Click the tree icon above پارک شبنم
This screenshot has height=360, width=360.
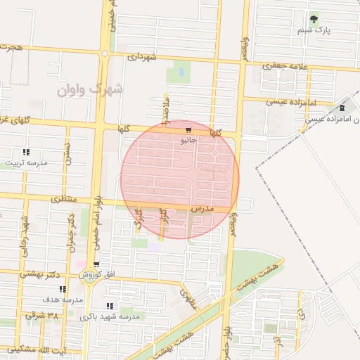click(314, 19)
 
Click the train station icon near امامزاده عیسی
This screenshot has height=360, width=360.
click(342, 108)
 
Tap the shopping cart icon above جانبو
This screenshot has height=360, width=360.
click(188, 130)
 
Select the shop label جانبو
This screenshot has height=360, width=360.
click(188, 141)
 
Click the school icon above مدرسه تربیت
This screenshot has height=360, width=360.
click(26, 152)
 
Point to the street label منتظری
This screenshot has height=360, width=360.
click(64, 200)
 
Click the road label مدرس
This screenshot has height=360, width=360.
click(201, 209)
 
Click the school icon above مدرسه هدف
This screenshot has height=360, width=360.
click(63, 289)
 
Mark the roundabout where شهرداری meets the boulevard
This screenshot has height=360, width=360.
click(105, 53)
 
